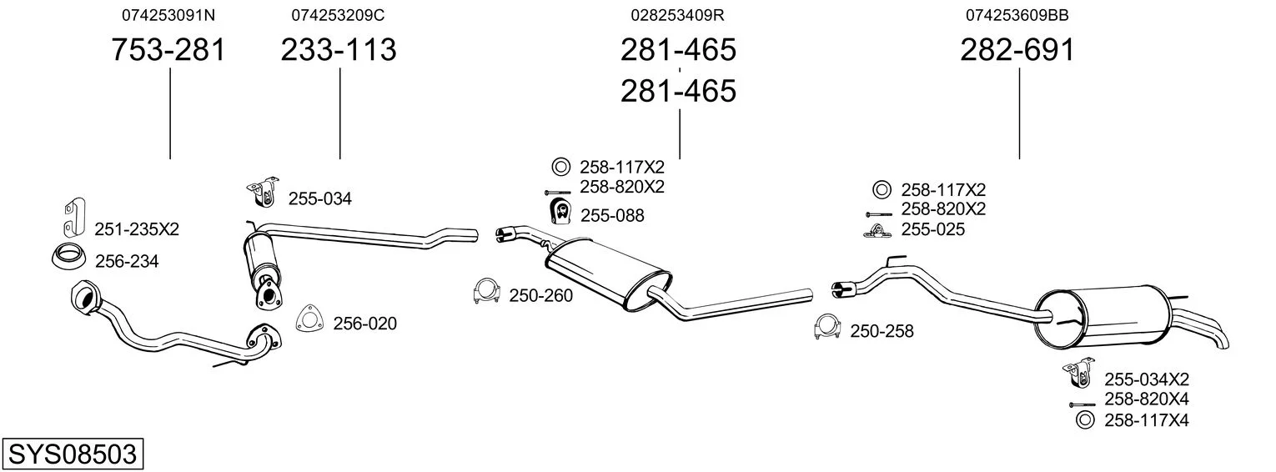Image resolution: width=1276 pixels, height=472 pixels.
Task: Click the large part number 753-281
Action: click(x=168, y=50)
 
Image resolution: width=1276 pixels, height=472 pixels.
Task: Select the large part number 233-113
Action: click(x=339, y=50)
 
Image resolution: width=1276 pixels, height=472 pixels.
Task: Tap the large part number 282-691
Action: click(x=1017, y=50)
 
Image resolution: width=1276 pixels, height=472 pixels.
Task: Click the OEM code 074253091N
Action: click(x=168, y=15)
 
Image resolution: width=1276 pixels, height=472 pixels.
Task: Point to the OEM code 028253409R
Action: click(x=677, y=15)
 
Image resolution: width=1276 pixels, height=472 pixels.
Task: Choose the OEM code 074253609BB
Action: click(x=1017, y=15)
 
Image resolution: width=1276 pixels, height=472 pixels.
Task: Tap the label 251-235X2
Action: click(x=137, y=228)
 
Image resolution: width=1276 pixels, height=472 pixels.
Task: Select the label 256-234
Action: click(x=127, y=262)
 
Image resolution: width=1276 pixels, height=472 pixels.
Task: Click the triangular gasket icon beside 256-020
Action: click(x=309, y=319)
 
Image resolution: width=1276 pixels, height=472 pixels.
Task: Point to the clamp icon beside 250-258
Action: click(x=826, y=328)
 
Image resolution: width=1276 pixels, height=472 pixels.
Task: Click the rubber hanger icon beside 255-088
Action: click(x=560, y=213)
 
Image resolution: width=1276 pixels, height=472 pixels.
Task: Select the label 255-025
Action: click(x=933, y=229)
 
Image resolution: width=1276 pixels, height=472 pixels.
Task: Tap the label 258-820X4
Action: click(x=1147, y=399)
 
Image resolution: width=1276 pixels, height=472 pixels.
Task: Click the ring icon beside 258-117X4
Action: click(x=1084, y=420)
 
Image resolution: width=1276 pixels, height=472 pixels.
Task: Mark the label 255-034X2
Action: click(x=1147, y=379)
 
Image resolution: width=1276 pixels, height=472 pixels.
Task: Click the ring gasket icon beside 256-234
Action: click(x=68, y=258)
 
